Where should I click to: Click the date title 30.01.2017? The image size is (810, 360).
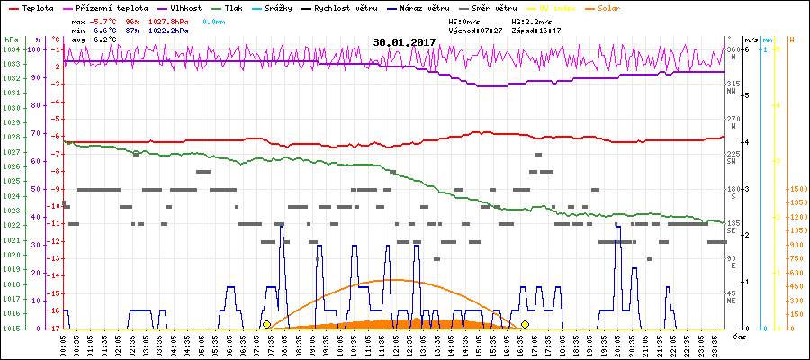coord(405,42)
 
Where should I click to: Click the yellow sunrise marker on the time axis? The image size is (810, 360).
coord(266,324)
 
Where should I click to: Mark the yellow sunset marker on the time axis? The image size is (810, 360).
coord(525,324)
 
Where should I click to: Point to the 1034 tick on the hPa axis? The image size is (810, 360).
coord(11,49)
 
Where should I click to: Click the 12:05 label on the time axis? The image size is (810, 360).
coord(395,344)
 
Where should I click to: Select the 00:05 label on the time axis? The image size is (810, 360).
coord(64,344)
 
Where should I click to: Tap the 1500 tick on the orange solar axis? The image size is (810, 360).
coord(796,190)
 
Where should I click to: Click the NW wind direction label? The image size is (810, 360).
coord(733,91)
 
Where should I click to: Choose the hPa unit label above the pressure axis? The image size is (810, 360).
coord(11,40)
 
